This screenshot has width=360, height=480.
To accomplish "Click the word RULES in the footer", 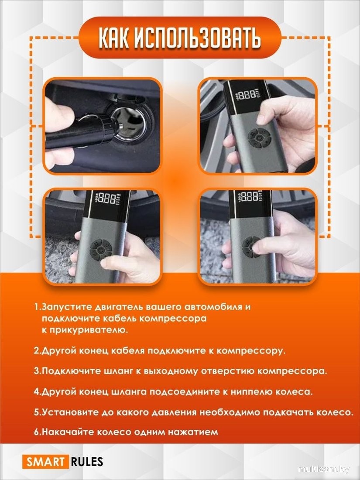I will click(x=86, y=461).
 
